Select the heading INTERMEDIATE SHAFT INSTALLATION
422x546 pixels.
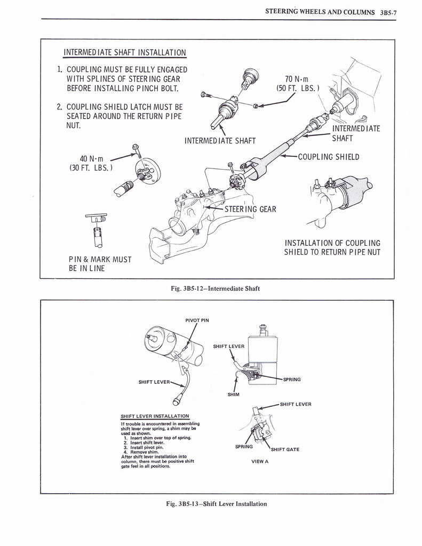coord(125,52)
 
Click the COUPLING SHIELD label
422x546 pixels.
coord(329,157)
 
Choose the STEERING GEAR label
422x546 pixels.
coord(250,209)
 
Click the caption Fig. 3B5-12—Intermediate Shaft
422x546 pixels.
coord(215,288)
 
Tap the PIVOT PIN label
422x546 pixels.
coord(197,320)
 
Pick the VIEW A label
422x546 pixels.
coord(259,461)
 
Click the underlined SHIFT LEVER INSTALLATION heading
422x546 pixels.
coord(155,416)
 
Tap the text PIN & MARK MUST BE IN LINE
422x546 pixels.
coord(100,264)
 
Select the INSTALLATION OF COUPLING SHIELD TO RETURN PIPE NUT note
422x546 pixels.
coord(332,247)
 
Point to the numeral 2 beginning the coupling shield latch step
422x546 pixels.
coord(59,106)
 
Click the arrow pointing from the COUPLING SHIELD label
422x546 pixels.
coord(288,156)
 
